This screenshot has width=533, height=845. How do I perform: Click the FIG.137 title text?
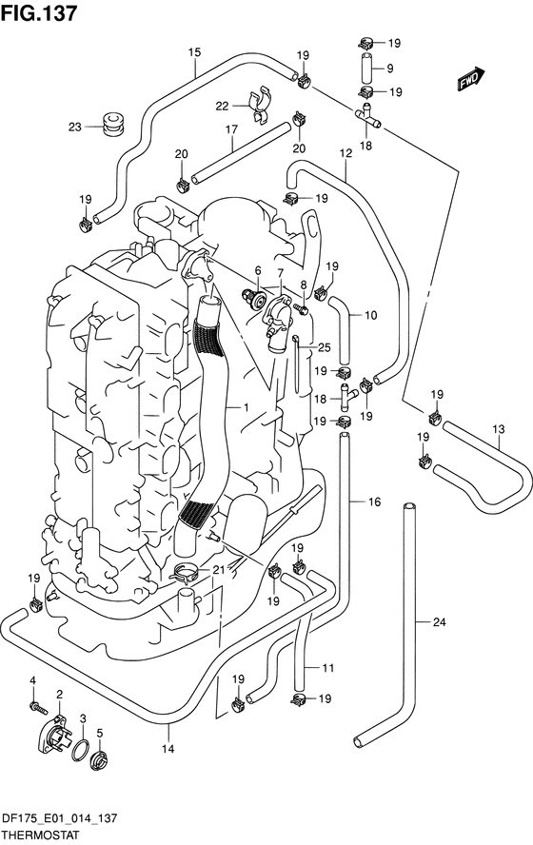pyautogui.click(x=39, y=13)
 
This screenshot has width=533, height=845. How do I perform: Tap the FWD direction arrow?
pyautogui.click(x=471, y=79)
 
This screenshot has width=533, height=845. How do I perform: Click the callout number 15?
pyautogui.click(x=194, y=52)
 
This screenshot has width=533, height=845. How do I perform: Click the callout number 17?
pyautogui.click(x=231, y=129)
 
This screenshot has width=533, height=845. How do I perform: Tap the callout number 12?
pyautogui.click(x=345, y=153)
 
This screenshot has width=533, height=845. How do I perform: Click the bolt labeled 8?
pyautogui.click(x=301, y=309)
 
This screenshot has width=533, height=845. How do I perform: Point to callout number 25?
pyautogui.click(x=324, y=348)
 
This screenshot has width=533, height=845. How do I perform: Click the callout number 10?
pyautogui.click(x=371, y=315)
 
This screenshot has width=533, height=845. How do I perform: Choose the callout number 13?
pyautogui.click(x=499, y=429)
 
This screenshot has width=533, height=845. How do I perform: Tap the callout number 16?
pyautogui.click(x=375, y=502)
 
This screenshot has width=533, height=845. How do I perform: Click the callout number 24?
pyautogui.click(x=440, y=622)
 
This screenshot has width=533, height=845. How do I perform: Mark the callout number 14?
pyautogui.click(x=168, y=749)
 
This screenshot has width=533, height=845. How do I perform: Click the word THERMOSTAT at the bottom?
pyautogui.click(x=41, y=835)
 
